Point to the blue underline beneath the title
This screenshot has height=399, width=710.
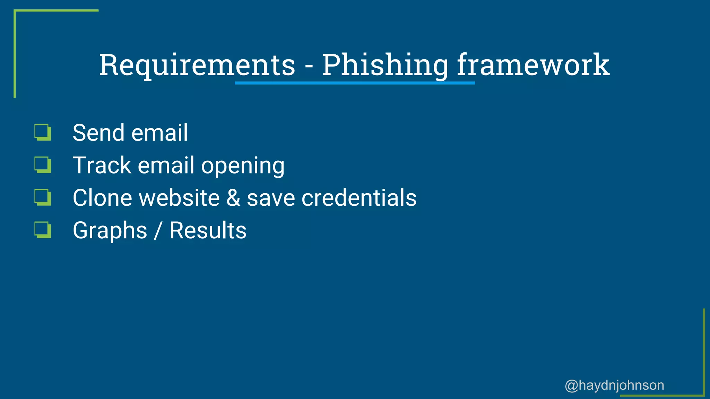click(355, 83)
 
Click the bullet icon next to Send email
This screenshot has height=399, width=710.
click(43, 133)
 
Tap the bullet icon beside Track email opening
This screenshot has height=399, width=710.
click(43, 165)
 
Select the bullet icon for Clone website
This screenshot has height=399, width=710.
click(43, 197)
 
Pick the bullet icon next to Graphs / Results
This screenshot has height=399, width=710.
click(43, 230)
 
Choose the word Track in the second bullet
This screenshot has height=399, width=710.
click(102, 165)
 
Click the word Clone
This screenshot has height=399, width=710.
click(102, 198)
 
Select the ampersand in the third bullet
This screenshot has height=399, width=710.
click(233, 198)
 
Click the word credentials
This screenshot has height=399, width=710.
click(359, 198)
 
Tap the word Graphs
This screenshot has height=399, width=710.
click(110, 231)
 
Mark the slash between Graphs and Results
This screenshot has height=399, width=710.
click(158, 231)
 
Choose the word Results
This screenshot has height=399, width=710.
click(208, 230)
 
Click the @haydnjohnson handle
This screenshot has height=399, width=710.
click(614, 385)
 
